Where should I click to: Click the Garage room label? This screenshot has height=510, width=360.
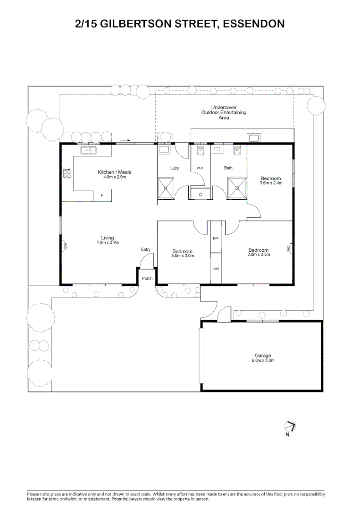pos(262,356)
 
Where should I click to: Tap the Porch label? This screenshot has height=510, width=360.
pos(147,278)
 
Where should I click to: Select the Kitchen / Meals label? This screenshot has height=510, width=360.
pos(114,172)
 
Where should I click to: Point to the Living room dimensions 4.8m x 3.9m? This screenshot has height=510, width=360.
pos(108,242)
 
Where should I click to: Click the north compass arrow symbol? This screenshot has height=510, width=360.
pos(290,426)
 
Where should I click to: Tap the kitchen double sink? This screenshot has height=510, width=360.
pos(88,150)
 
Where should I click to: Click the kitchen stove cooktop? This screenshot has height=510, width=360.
pos(67,173)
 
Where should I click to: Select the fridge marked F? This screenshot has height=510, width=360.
pos(102,195)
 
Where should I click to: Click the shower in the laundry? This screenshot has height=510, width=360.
pos(166,187)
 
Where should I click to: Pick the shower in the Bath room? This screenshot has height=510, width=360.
pos(237,187)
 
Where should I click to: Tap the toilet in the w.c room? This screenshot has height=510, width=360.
pos(200,151)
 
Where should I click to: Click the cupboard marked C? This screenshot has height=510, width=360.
pos(201,194)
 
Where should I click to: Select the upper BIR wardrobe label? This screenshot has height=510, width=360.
pos(216,238)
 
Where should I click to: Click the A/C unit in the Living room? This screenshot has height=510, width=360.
pos(64,246)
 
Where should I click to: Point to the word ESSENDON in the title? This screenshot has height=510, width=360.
pos(254,24)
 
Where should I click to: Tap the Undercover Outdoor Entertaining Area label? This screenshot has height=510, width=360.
pos(224,112)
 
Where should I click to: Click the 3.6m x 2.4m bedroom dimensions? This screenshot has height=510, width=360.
pos(271,183)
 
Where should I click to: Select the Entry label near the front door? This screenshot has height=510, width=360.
pos(146,249)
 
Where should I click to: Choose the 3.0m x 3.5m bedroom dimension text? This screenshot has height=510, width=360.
pos(259,255)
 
